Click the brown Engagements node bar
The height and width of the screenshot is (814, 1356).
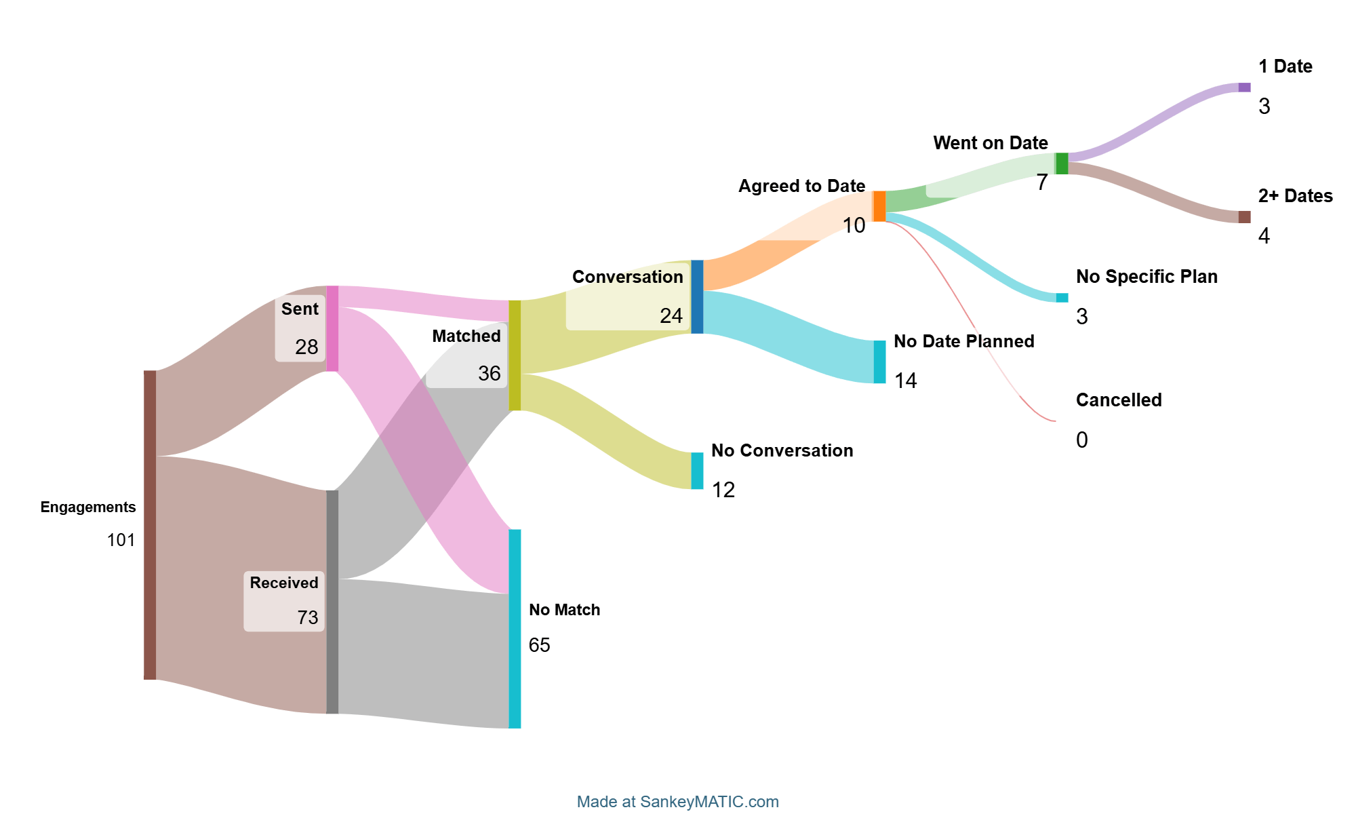click(x=150, y=524)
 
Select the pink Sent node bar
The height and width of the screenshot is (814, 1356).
click(x=332, y=328)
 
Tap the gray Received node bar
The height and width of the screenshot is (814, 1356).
click(x=332, y=602)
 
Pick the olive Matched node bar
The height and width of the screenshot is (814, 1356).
click(x=515, y=355)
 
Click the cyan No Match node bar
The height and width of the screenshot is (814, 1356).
click(x=515, y=628)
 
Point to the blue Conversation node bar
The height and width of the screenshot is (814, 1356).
click(x=697, y=296)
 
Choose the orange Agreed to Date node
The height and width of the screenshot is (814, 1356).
click(x=879, y=206)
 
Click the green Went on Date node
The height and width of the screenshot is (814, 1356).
click(x=1062, y=163)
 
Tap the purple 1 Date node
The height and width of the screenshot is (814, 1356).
click(x=1244, y=88)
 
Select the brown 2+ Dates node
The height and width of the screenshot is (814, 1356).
click(x=1244, y=217)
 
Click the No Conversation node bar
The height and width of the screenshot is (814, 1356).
click(x=697, y=471)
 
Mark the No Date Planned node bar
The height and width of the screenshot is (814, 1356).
click(x=879, y=362)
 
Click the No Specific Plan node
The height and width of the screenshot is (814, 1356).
click(x=1062, y=298)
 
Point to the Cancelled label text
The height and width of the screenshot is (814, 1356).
click(x=1119, y=400)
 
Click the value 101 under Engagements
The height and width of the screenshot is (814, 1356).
click(x=121, y=540)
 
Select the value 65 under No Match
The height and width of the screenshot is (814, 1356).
click(x=540, y=645)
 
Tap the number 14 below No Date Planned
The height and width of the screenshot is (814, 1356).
click(x=905, y=381)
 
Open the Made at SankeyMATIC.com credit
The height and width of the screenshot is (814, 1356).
click(x=677, y=802)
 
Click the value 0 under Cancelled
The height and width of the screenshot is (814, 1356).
click(x=1081, y=440)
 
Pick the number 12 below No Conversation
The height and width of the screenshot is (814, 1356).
click(x=723, y=490)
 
